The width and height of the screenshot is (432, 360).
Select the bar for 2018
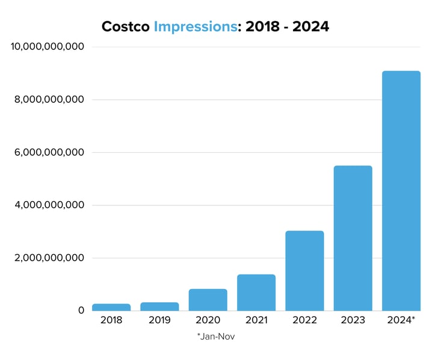point(111,307)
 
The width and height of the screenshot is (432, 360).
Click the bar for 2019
point(159,306)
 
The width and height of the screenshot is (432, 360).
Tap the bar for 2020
point(208,300)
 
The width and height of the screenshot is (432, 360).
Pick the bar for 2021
point(256,293)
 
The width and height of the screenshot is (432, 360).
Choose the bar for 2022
point(304,271)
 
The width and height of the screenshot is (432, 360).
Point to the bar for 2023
point(353,238)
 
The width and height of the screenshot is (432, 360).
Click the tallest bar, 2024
point(401,191)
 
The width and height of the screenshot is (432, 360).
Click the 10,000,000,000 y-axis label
point(48,46)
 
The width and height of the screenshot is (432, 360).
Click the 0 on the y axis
point(81,310)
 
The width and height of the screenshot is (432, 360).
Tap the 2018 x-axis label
point(111,320)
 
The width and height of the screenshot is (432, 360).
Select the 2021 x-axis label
point(256,320)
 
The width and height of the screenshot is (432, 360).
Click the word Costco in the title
point(125,26)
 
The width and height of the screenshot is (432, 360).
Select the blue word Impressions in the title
point(194,26)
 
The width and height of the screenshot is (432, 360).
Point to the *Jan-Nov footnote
point(215,337)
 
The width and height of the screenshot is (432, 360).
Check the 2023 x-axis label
point(353,320)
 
